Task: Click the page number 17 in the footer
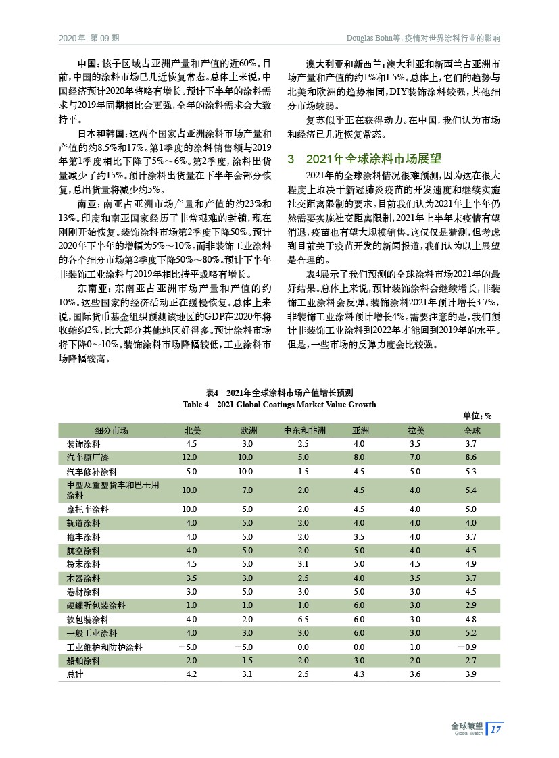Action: (495, 729)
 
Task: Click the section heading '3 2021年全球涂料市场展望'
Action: (364, 159)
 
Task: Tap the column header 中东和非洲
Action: (303, 430)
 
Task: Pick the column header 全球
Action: (472, 430)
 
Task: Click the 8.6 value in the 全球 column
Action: (472, 457)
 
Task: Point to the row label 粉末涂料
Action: (83, 563)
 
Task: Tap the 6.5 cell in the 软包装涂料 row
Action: (303, 618)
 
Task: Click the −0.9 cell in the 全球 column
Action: (471, 647)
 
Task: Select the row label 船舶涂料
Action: (83, 660)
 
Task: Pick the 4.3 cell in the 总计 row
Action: (359, 674)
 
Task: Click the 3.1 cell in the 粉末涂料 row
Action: (303, 563)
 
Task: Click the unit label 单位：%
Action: (477, 415)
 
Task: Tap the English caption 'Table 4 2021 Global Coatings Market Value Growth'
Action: (279, 404)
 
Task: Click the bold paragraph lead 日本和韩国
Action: (102, 134)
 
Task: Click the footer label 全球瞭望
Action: (466, 726)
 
